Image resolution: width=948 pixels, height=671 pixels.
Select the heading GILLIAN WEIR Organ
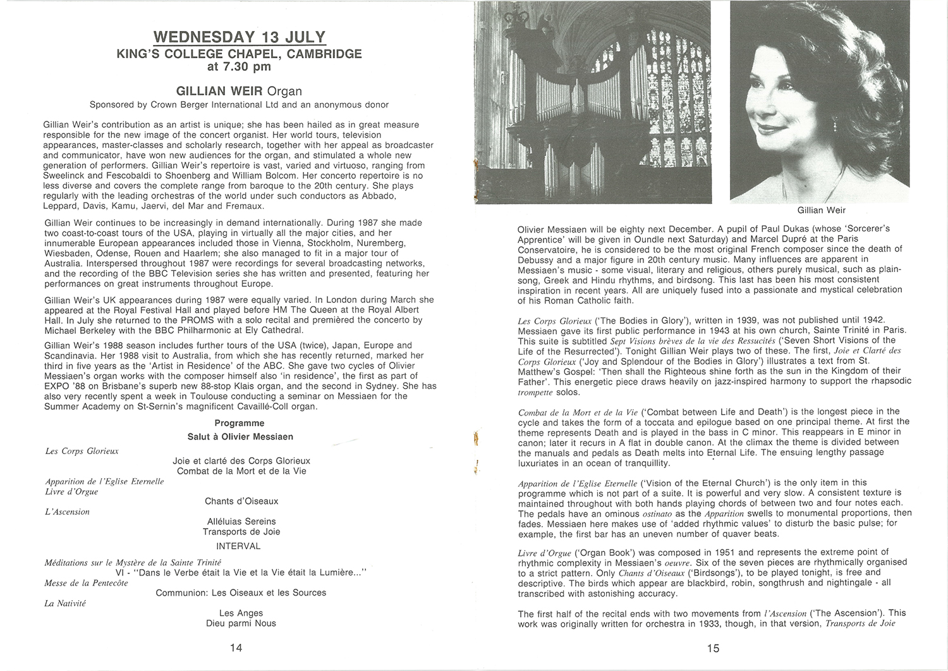point(239,91)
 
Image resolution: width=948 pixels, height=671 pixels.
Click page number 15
point(713,648)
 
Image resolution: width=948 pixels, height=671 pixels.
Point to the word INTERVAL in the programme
point(238,546)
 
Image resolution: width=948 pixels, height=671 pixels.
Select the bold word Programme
point(239,423)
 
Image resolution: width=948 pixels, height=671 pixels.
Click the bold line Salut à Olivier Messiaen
point(240,436)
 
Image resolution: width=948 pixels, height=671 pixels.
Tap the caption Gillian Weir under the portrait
point(821,210)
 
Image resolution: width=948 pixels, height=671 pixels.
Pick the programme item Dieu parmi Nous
point(241,623)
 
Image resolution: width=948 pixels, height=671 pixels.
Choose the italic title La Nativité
point(65,603)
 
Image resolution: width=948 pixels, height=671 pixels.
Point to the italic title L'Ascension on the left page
point(67,512)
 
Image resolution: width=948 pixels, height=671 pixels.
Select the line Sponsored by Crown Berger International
point(239,104)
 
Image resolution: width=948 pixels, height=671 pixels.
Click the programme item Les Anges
point(241,613)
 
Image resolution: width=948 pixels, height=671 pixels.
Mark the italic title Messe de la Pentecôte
point(86,582)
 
